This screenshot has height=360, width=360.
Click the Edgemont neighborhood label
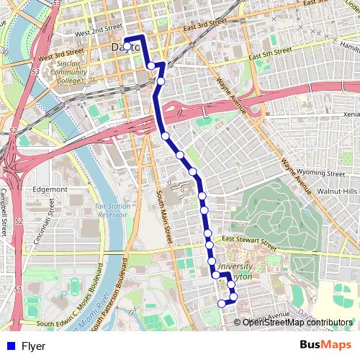pos(50,189)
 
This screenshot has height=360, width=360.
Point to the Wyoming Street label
pos(323,174)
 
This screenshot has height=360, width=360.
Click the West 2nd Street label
pos(98,32)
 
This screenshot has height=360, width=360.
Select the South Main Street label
pos(163,216)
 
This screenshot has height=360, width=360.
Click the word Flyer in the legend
pos(33,346)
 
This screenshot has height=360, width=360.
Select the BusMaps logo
pos(326,346)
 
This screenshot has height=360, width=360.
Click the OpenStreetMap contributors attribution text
pos(297,322)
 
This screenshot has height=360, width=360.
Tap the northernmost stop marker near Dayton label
pos(127,46)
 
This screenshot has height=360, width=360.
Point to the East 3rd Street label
pos(205,27)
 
